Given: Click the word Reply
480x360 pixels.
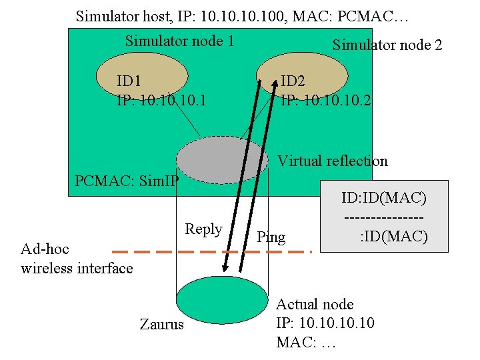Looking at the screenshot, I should point(203,229).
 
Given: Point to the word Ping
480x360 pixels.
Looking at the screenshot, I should point(271,237).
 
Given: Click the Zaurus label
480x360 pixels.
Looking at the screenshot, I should point(161,325).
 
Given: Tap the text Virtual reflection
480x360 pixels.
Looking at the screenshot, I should point(332,161).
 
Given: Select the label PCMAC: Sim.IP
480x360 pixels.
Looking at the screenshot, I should point(127,181).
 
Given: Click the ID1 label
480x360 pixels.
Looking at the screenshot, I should point(129,81).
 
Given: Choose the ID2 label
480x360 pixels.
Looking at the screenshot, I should point(293,81).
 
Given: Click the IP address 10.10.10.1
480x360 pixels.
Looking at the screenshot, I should point(161,101).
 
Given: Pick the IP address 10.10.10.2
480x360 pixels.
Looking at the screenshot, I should point(326,101).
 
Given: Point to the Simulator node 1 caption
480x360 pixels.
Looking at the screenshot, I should point(179,41).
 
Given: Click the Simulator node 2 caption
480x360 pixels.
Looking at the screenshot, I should point(387,45).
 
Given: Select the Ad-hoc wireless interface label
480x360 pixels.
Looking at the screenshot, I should point(77,259).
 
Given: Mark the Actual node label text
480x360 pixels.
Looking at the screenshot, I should point(315,305).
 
